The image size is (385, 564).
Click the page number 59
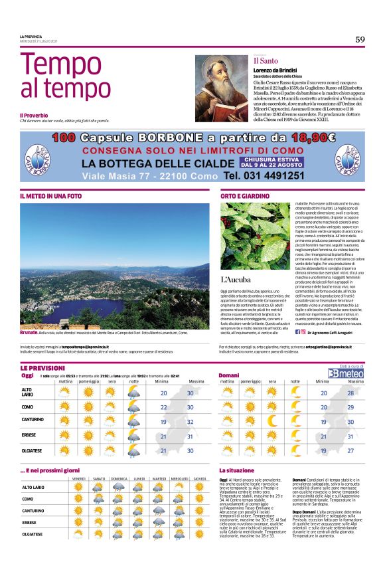[x=360, y=39]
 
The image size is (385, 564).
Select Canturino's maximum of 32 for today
[x=191, y=422]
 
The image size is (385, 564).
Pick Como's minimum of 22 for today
[x=163, y=407]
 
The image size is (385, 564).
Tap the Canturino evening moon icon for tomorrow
[x=271, y=421]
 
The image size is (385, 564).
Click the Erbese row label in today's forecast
[x=29, y=436]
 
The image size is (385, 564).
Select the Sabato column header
[x=99, y=479]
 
